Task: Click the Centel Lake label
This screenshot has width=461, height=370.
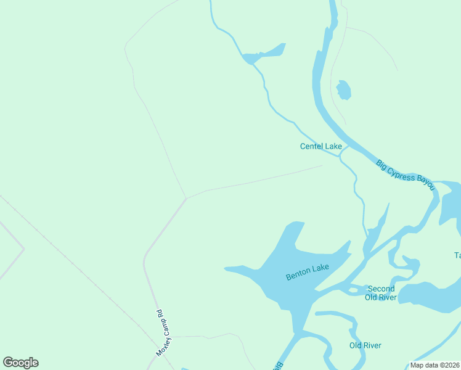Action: pyautogui.click(x=320, y=146)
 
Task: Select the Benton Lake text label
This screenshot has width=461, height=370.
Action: pyautogui.click(x=308, y=272)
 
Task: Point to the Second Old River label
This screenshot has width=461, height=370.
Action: pyautogui.click(x=380, y=293)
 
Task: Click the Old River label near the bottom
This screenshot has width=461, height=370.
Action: pyautogui.click(x=365, y=345)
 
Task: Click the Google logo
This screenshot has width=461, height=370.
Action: pyautogui.click(x=21, y=363)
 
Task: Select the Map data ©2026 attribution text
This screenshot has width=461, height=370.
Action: pyautogui.click(x=434, y=365)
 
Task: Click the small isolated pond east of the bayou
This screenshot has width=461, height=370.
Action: pyautogui.click(x=344, y=89)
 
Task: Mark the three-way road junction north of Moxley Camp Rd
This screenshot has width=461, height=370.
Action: pyautogui.click(x=186, y=199)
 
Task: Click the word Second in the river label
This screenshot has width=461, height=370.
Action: pyautogui.click(x=381, y=289)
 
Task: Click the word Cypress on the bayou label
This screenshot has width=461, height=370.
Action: pyautogui.click(x=404, y=173)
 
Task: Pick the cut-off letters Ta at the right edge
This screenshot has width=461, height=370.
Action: pyautogui.click(x=457, y=255)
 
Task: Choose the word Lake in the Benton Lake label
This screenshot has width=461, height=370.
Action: pyautogui.click(x=321, y=268)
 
